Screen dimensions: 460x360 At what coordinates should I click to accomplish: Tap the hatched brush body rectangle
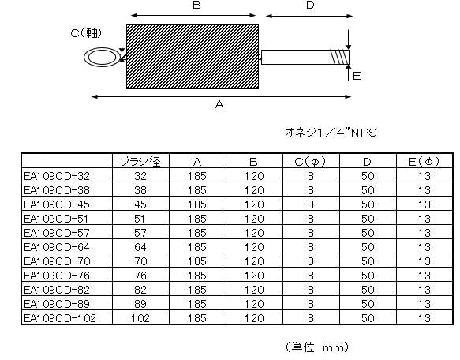pyautogui.click(x=193, y=57)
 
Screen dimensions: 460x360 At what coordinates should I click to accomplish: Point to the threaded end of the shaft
pyautogui.click(x=340, y=58)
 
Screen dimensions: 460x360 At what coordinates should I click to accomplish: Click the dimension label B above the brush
pyautogui.click(x=196, y=5)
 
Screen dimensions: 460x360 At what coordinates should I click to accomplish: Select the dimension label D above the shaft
pyautogui.click(x=310, y=5)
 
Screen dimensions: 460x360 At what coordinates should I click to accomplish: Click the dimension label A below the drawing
pyautogui.click(x=219, y=104)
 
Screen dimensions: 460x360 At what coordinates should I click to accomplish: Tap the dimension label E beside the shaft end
pyautogui.click(x=357, y=77)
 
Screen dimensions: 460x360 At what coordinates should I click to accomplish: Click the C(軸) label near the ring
pyautogui.click(x=86, y=32)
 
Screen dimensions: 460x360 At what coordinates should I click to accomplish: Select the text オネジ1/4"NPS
pyautogui.click(x=331, y=133)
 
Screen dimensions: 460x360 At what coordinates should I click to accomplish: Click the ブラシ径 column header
pyautogui.click(x=140, y=162)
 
